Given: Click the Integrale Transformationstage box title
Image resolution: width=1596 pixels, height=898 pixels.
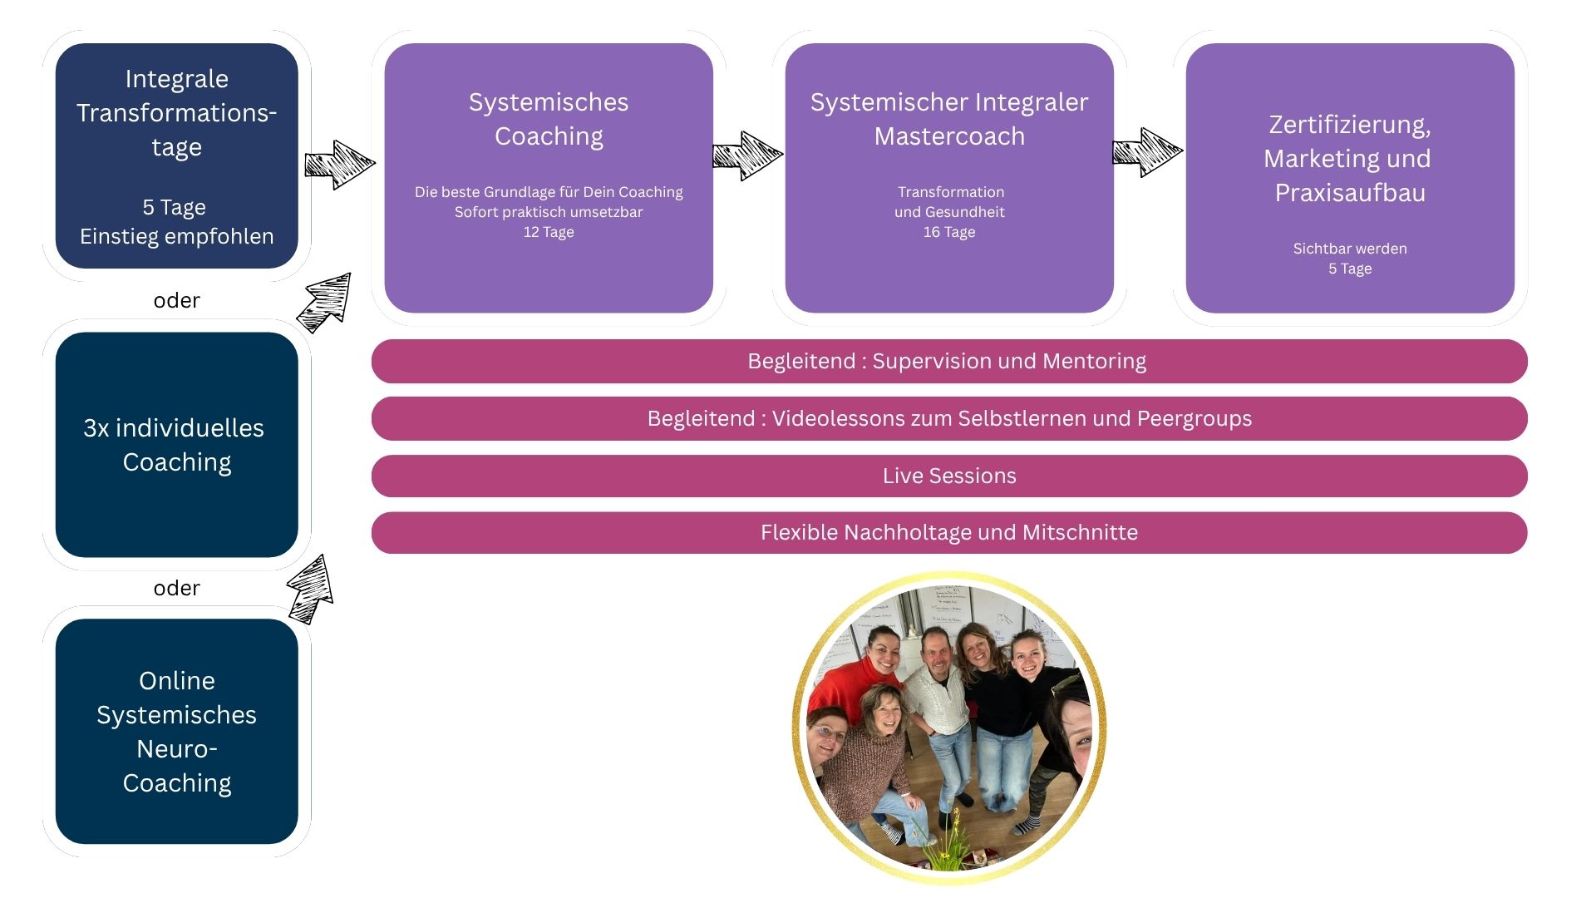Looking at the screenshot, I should (x=176, y=112).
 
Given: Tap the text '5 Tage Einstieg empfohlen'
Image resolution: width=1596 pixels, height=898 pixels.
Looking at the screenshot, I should (x=176, y=221).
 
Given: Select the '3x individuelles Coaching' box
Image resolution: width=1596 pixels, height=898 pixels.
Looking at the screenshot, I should (x=176, y=445).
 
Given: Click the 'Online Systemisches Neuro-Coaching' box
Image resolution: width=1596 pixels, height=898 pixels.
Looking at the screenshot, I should (x=176, y=732).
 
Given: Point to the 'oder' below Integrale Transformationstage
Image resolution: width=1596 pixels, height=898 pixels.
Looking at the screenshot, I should (x=176, y=300).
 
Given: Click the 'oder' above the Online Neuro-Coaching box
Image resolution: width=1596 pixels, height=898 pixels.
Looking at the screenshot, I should (x=176, y=588).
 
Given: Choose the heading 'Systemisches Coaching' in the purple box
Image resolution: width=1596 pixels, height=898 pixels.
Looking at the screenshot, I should (x=549, y=119).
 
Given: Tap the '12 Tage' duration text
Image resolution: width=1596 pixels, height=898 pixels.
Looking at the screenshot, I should (x=549, y=232).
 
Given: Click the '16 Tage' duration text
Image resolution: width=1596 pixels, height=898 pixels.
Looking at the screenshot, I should (x=949, y=232).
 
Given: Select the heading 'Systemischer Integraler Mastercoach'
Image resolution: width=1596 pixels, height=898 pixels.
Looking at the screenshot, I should (x=949, y=119).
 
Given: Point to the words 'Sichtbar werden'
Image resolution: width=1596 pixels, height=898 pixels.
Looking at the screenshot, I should (x=1350, y=249).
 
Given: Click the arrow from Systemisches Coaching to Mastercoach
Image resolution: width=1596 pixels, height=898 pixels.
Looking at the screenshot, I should (x=746, y=155).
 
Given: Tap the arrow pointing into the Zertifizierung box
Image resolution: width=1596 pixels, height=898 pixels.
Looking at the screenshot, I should (x=1147, y=152).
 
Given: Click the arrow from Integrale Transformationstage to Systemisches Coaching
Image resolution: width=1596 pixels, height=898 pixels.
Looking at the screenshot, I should (x=339, y=164).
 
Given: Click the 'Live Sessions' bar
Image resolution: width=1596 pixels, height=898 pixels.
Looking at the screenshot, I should (x=949, y=476).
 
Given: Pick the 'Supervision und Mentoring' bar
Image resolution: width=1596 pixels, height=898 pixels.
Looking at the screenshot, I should (x=949, y=361).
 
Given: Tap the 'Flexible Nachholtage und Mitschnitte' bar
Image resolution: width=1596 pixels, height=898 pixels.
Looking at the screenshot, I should (x=949, y=532).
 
